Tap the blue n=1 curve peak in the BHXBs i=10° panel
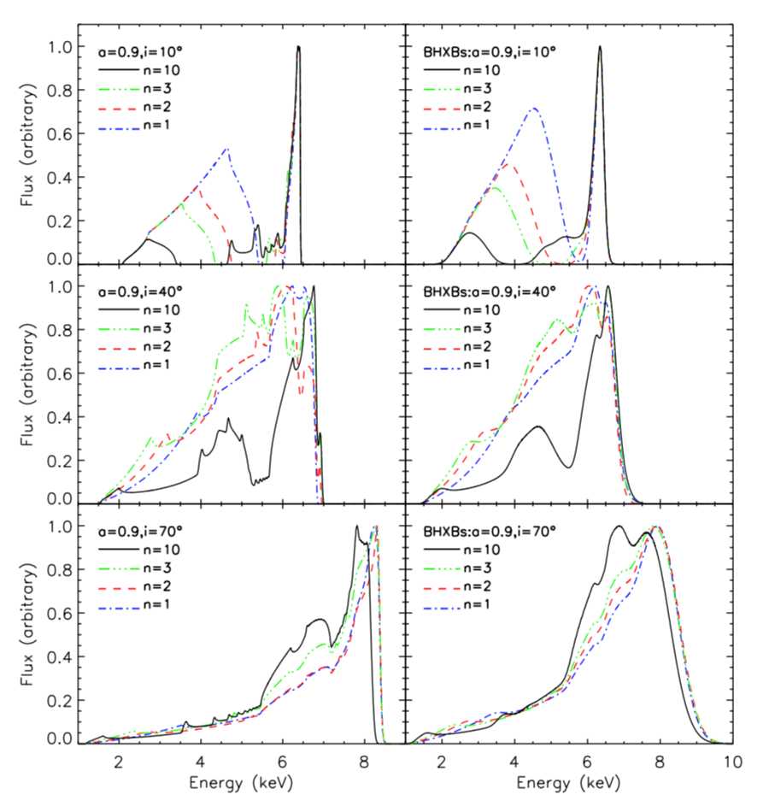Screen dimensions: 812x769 [535, 109]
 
